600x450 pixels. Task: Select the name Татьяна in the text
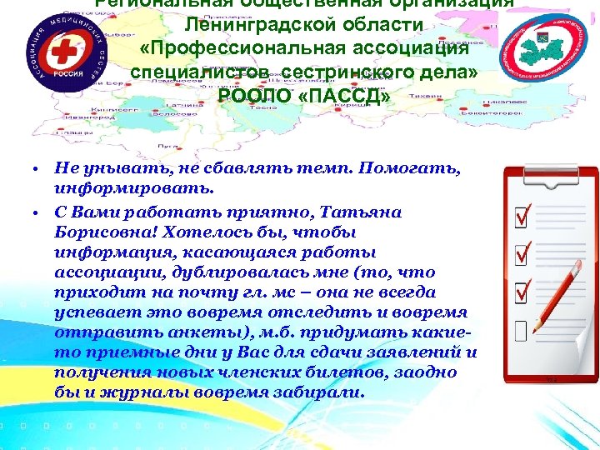pyautogui.click(x=355, y=212)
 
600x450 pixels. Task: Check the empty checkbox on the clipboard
pyautogui.click(x=522, y=332)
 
